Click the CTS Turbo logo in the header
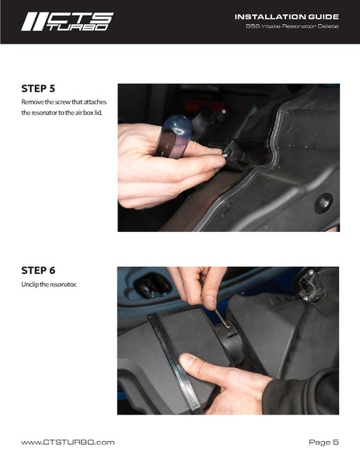(x=67, y=22)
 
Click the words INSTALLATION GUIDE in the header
(x=287, y=17)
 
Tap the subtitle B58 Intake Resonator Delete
(x=292, y=26)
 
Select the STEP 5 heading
(x=38, y=89)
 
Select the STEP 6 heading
(x=38, y=271)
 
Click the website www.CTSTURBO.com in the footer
(x=68, y=442)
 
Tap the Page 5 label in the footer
(x=323, y=442)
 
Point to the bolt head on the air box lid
(x=323, y=203)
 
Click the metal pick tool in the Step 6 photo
(x=222, y=319)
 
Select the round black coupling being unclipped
(x=230, y=341)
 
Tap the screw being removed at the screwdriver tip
(x=226, y=154)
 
